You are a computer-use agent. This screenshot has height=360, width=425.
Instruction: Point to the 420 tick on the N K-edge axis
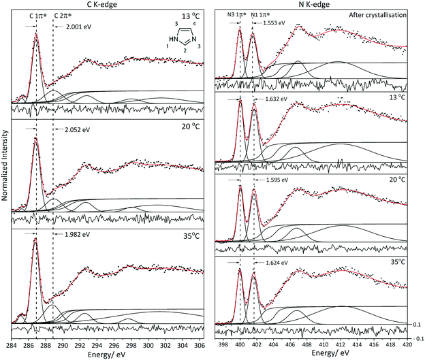406,344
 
